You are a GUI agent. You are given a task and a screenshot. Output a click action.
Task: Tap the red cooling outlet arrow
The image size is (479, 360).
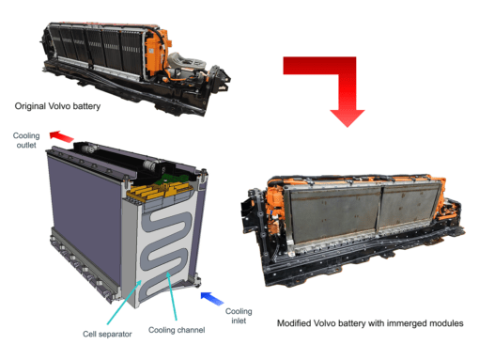(x=61, y=136)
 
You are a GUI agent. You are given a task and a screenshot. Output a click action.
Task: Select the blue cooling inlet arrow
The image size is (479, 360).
(x=212, y=298)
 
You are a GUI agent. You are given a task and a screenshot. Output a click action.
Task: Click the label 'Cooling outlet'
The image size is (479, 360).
(x=26, y=140)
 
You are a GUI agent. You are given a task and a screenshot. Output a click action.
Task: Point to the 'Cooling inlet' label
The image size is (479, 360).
(x=239, y=316)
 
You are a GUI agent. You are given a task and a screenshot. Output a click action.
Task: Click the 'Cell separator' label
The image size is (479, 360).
(x=107, y=334)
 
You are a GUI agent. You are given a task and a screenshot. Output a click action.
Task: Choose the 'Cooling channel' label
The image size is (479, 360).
(x=177, y=330)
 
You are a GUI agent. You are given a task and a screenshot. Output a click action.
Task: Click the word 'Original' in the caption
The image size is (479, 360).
(x=30, y=106)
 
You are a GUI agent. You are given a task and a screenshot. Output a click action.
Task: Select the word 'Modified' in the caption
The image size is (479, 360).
(x=294, y=323)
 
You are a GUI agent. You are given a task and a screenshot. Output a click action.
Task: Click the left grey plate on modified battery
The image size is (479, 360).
(x=334, y=216)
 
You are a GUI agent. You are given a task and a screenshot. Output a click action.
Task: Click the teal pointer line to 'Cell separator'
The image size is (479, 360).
(x=124, y=302)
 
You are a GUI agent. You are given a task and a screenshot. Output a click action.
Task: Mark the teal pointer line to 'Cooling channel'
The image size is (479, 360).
(x=172, y=296)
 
